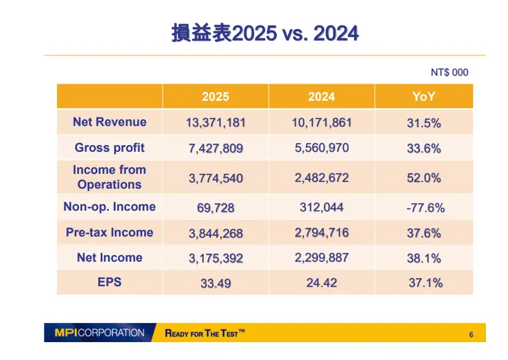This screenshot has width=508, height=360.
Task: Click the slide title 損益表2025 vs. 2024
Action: click(265, 33)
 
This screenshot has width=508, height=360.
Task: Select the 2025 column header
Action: click(216, 97)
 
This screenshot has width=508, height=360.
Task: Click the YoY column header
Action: click(424, 97)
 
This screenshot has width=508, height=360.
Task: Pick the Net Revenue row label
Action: click(109, 122)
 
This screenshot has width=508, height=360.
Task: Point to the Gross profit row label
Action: click(109, 148)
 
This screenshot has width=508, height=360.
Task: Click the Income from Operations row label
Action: click(109, 177)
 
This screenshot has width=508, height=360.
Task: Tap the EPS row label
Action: click(109, 282)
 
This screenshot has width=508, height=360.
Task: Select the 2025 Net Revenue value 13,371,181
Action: click(216, 124)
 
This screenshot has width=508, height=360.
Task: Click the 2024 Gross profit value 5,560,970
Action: click(322, 148)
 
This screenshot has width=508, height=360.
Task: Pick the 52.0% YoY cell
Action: click(424, 178)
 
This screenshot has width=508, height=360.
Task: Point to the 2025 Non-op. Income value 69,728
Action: click(216, 207)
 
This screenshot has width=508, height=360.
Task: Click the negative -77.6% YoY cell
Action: click(424, 207)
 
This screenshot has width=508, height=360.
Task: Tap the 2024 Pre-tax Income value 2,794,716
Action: click(322, 233)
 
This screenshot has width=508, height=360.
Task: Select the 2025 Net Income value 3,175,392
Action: click(216, 259)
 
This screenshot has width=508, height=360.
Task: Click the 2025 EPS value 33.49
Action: click(216, 283)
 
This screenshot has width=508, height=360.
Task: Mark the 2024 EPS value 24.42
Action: click(322, 282)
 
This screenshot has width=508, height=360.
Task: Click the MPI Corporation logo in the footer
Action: click(100, 333)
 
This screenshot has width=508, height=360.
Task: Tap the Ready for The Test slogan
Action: click(205, 333)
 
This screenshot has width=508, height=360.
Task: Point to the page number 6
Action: click(471, 335)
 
